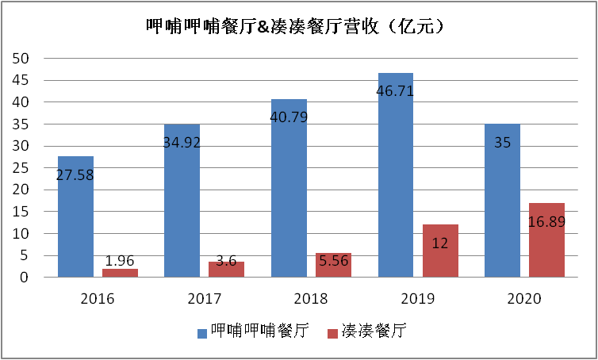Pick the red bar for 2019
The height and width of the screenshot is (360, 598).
point(440,251)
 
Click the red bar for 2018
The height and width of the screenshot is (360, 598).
point(333,265)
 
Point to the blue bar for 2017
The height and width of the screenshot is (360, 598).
point(182,201)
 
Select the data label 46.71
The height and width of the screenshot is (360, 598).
point(395,91)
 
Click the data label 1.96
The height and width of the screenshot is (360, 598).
point(120,259)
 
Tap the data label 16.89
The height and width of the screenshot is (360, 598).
point(546,221)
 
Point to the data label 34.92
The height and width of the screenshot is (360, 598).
point(182,143)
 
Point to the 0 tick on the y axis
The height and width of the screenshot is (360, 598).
point(25,278)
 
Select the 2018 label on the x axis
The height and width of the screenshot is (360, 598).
point(309,299)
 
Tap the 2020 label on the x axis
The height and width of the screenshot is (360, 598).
point(523,299)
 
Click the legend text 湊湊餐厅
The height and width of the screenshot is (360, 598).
point(374,331)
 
